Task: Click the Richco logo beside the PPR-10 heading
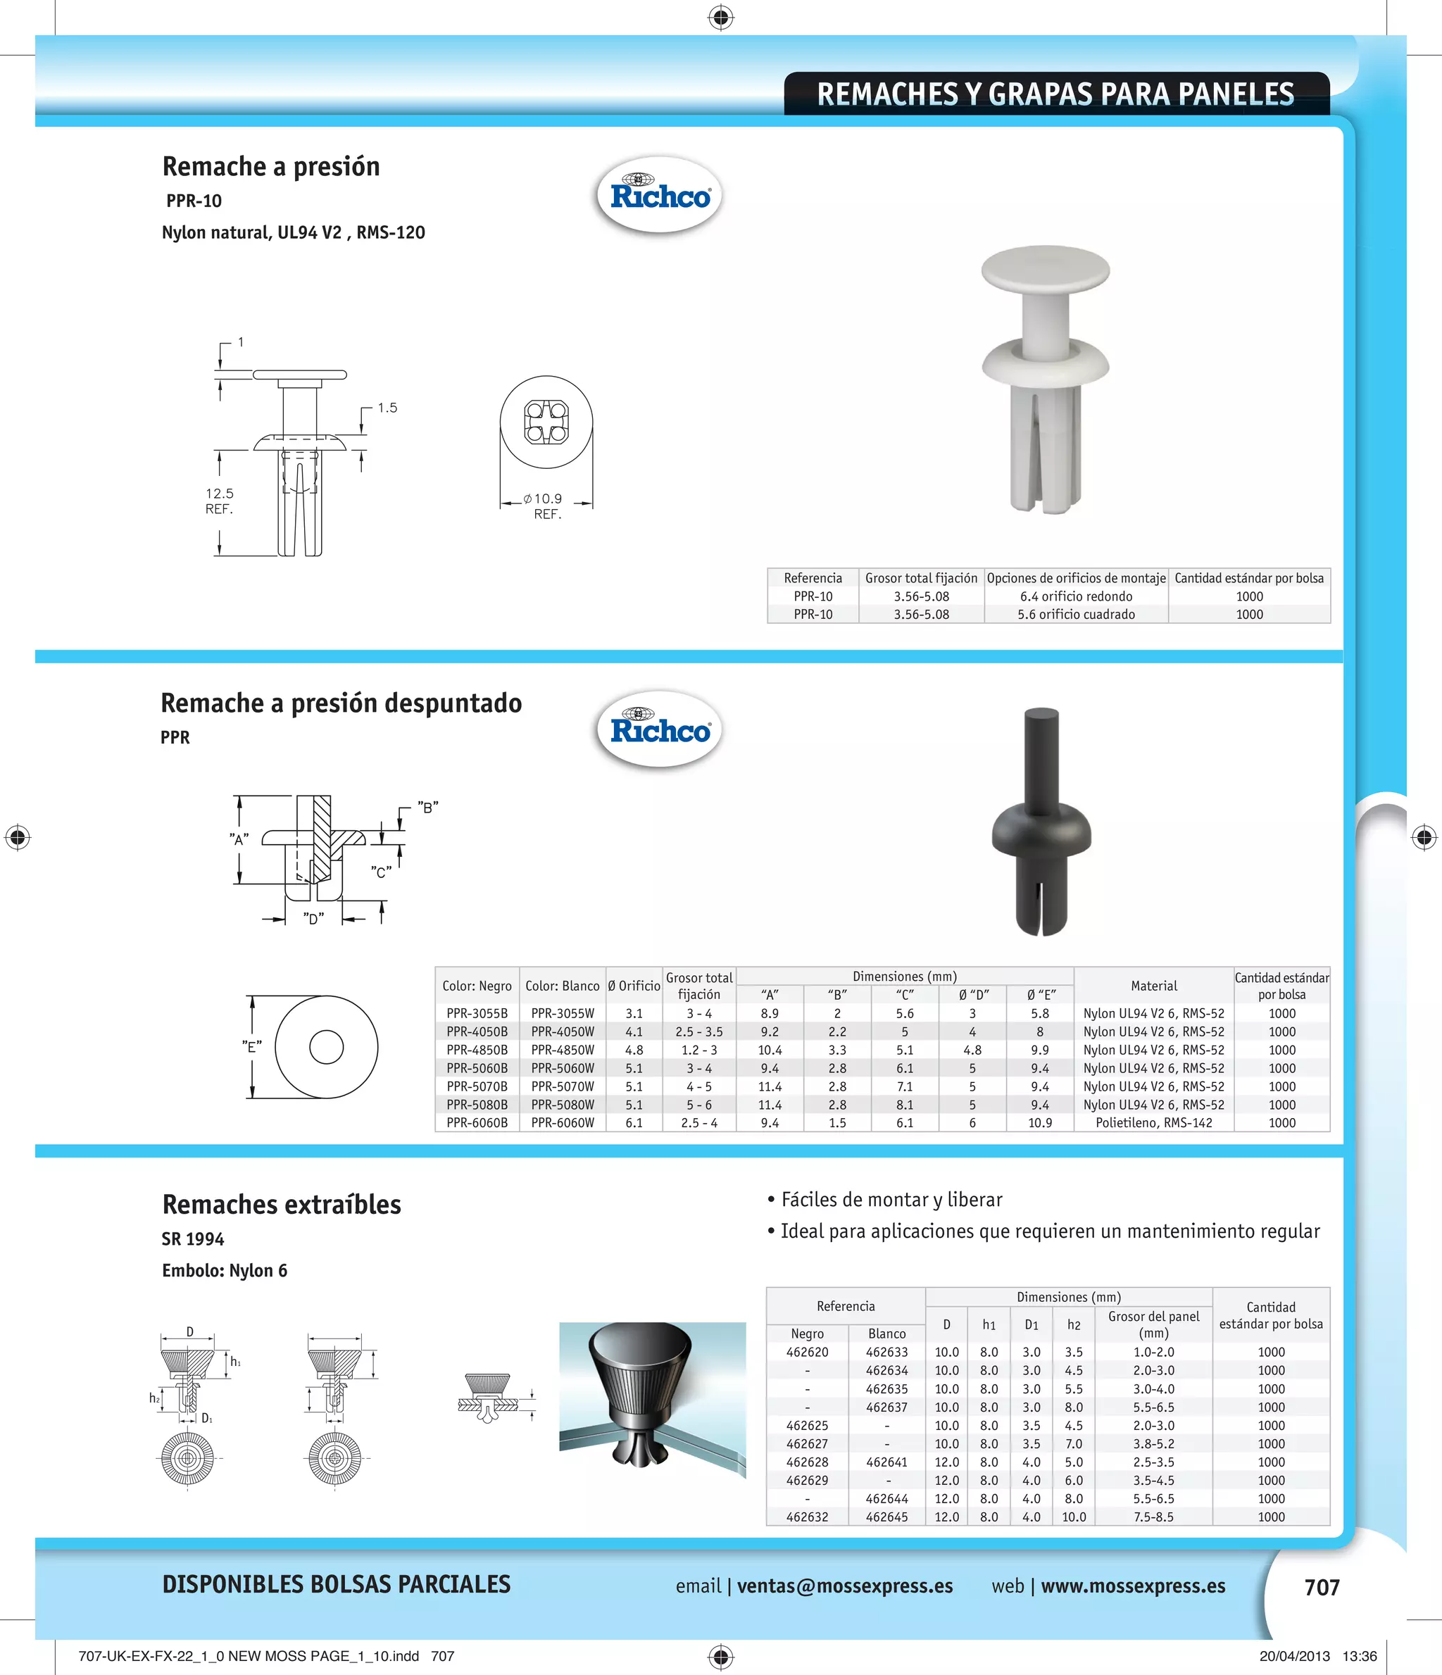pyautogui.click(x=660, y=195)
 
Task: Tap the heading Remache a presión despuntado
pyautogui.click(x=341, y=703)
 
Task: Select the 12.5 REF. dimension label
pyautogui.click(x=219, y=501)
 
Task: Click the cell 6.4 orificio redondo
pyautogui.click(x=1076, y=596)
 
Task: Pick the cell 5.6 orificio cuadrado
pyautogui.click(x=1076, y=615)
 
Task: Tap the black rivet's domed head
pyautogui.click(x=1041, y=836)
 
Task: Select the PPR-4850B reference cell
pyautogui.click(x=477, y=1050)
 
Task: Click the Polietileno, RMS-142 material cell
pyautogui.click(x=1153, y=1123)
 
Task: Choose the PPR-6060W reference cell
pyautogui.click(x=563, y=1123)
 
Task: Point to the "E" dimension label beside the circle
pyautogui.click(x=252, y=1047)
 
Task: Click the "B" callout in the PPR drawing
pyautogui.click(x=428, y=807)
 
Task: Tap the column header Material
pyautogui.click(x=1153, y=986)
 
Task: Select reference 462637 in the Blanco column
pyautogui.click(x=886, y=1407)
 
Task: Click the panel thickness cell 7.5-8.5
pyautogui.click(x=1153, y=1517)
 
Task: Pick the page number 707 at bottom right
pyautogui.click(x=1322, y=1588)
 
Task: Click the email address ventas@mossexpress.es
pyautogui.click(x=845, y=1586)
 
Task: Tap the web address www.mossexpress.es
pyautogui.click(x=1132, y=1586)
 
